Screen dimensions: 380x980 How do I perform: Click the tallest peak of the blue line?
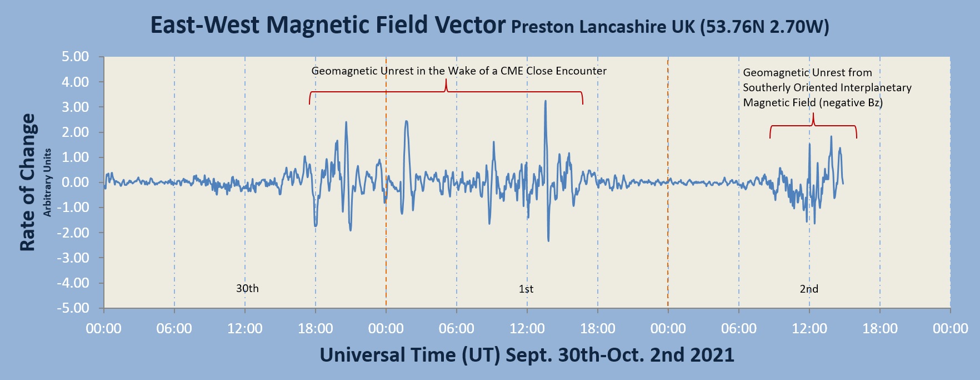[x=546, y=102]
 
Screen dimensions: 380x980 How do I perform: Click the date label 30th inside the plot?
[x=247, y=289]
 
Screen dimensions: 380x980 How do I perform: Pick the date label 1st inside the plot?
[x=526, y=289]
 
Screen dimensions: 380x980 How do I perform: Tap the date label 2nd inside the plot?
[x=809, y=289]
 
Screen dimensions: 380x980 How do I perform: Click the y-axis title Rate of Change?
[x=28, y=182]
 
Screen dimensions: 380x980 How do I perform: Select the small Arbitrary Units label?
[x=48, y=182]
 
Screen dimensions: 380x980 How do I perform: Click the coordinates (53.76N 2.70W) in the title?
[x=764, y=27]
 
